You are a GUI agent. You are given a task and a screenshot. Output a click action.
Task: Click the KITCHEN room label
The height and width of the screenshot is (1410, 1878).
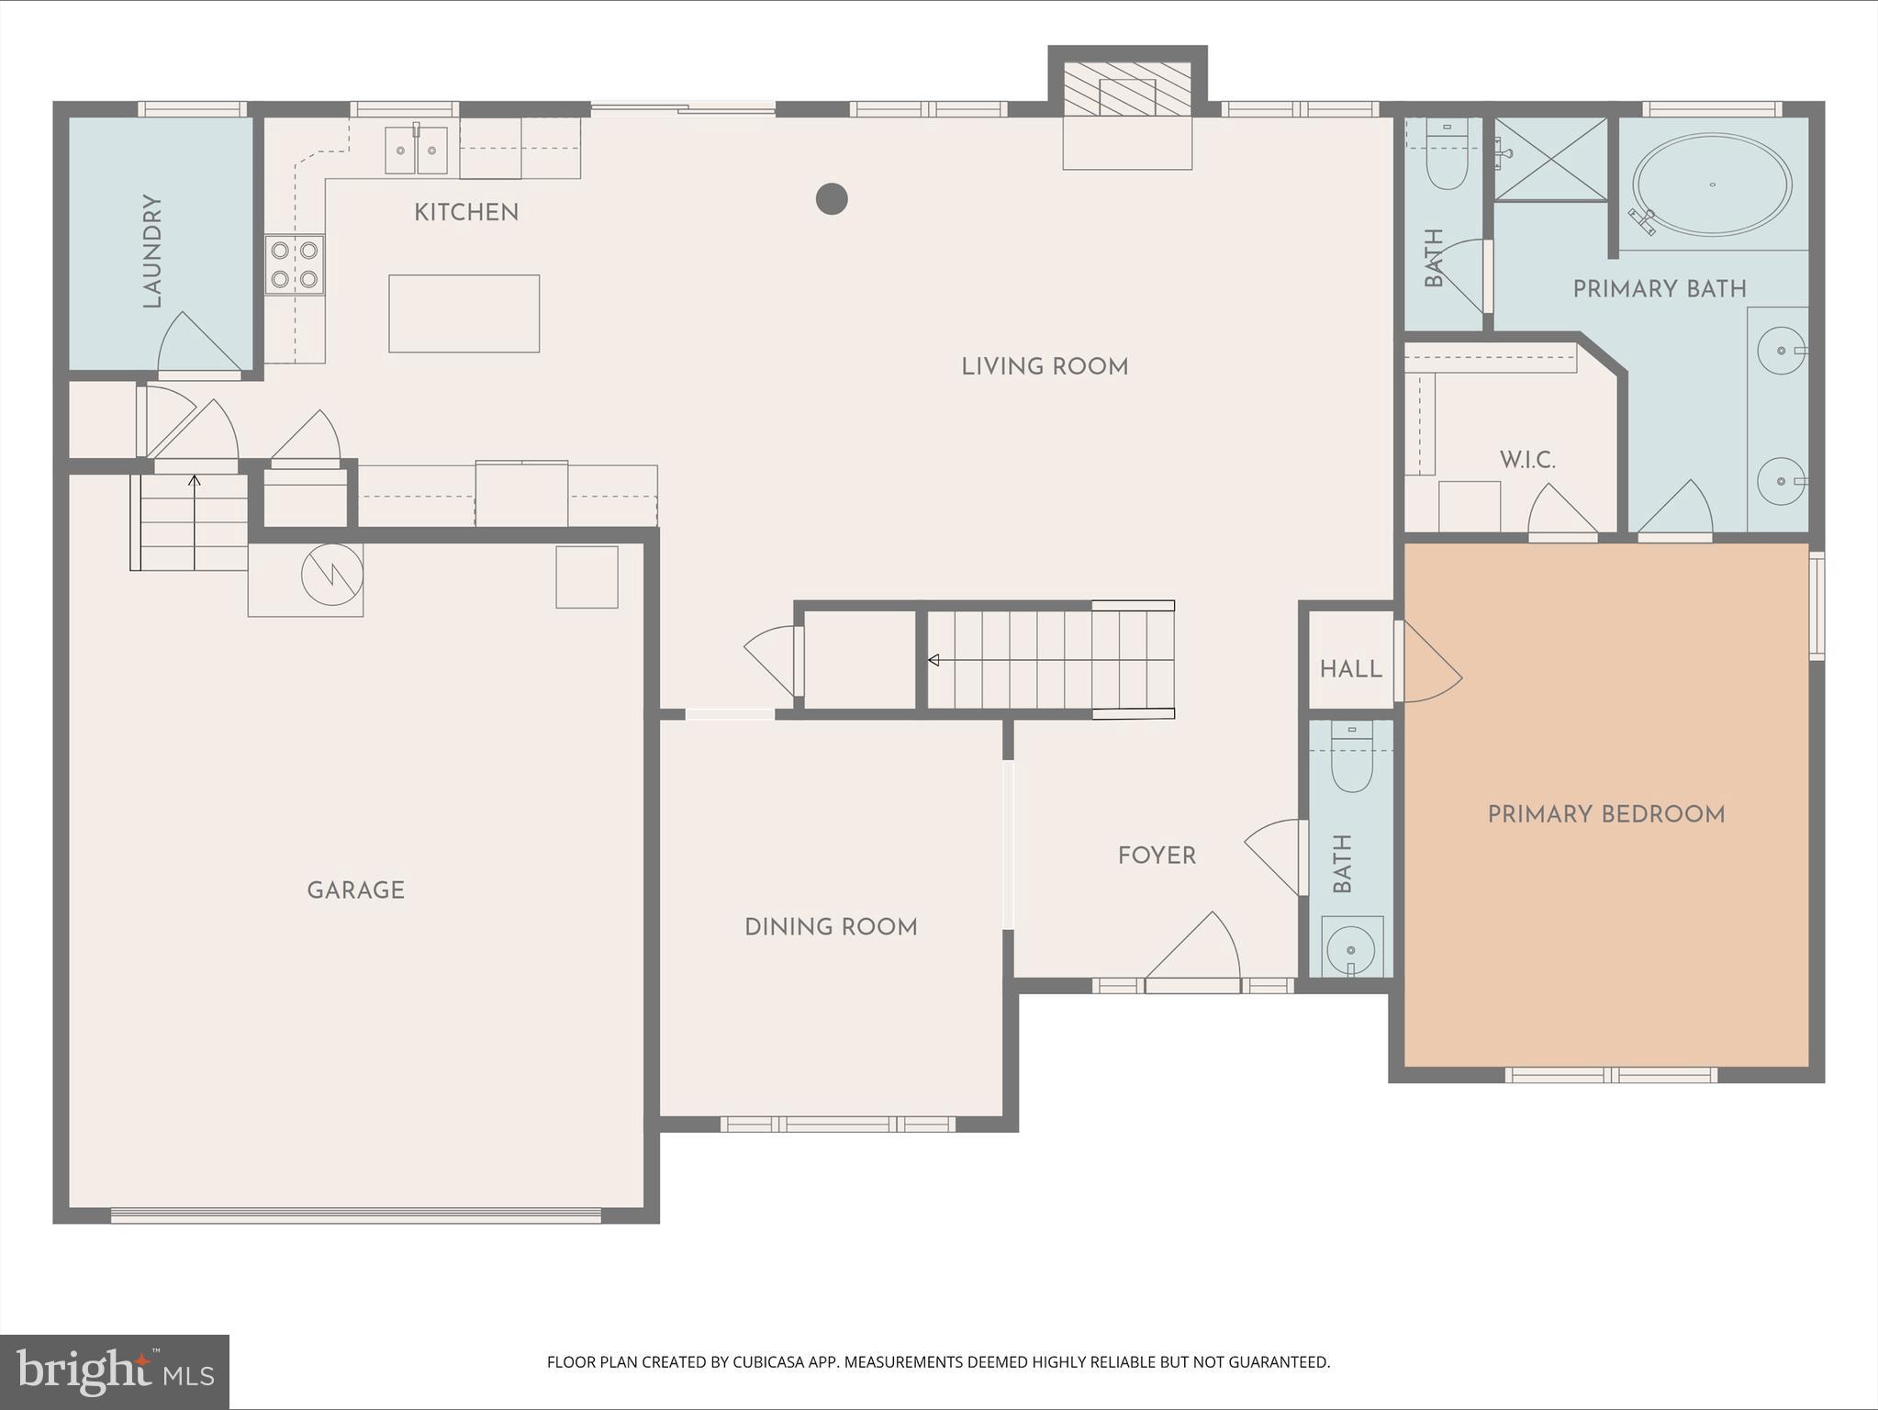(x=466, y=213)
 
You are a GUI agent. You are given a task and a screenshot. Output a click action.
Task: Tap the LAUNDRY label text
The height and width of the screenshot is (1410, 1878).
(x=152, y=251)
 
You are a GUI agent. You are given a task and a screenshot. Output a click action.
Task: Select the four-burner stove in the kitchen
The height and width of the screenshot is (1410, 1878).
(x=295, y=264)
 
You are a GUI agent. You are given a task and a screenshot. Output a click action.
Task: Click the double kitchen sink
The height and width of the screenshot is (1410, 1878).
(x=416, y=151)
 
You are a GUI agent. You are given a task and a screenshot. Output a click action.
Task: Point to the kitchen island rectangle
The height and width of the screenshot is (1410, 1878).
(x=464, y=313)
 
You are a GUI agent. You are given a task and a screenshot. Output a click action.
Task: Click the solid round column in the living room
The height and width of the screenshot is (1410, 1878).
(x=832, y=198)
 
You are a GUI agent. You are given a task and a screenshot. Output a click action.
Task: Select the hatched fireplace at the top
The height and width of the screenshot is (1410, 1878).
(x=1127, y=90)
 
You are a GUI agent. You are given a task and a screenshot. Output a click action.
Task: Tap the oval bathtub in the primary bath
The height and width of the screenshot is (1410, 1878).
(x=1712, y=185)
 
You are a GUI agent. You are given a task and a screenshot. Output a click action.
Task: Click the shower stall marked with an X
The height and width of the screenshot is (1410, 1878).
(x=1550, y=159)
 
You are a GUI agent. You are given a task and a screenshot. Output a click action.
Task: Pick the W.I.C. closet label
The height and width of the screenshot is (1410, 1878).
(x=1527, y=460)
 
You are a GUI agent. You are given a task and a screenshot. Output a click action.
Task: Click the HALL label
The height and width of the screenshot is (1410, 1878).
(x=1350, y=669)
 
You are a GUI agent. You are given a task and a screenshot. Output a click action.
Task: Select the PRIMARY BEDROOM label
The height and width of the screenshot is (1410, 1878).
(x=1606, y=814)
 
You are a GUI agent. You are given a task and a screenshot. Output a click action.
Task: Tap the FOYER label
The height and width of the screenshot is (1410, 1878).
(x=1157, y=856)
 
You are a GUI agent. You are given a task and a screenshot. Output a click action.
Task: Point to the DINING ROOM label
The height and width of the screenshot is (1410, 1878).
(x=831, y=927)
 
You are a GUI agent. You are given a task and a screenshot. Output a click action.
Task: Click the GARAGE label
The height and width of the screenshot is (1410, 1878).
(x=356, y=890)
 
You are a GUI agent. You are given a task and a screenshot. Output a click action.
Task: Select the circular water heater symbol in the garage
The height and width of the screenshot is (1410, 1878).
(x=332, y=576)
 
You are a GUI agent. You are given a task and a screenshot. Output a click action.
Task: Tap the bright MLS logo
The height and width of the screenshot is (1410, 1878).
(x=115, y=1371)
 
